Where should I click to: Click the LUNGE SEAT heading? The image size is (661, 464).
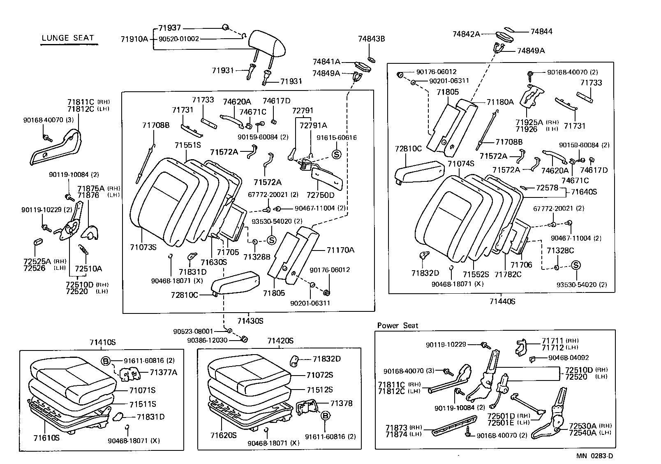(x=68, y=38)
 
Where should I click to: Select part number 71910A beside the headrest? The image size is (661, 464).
(x=134, y=39)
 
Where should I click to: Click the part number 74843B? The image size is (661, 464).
(x=371, y=39)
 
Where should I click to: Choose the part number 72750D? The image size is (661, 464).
(x=321, y=195)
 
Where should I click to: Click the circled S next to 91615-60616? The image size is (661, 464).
(x=336, y=155)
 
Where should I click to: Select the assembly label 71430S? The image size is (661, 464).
(x=250, y=320)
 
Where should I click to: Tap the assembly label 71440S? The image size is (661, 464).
(x=502, y=302)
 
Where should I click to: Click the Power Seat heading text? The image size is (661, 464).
(x=398, y=325)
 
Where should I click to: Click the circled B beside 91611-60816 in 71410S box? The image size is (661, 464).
(x=106, y=362)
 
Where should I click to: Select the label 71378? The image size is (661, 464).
(x=341, y=403)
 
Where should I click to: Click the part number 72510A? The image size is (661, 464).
(x=88, y=269)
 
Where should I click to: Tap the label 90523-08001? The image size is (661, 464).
(x=193, y=331)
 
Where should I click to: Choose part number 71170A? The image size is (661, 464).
(x=340, y=250)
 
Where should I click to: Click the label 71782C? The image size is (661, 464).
(x=508, y=274)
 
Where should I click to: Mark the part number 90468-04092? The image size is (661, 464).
(x=569, y=358)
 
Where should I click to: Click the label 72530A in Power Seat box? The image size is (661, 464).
(x=582, y=426)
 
